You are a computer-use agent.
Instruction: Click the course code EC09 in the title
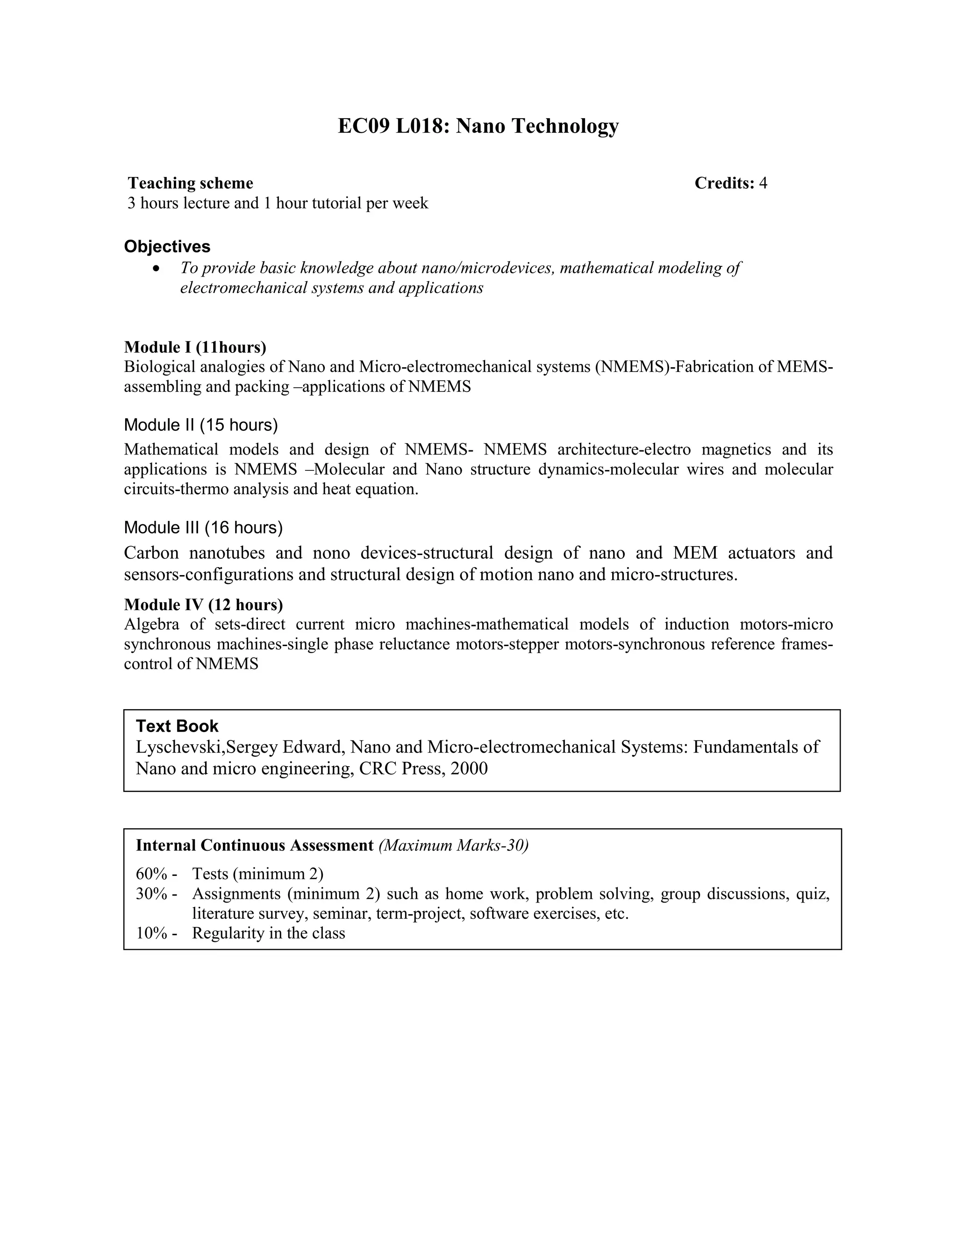364,126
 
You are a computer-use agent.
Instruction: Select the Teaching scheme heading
191,183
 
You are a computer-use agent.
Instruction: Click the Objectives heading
167,247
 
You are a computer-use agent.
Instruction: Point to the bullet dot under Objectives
157,268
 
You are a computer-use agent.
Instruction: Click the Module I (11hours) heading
195,347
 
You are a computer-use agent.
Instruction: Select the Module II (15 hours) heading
200,425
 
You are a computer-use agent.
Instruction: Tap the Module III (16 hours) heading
203,528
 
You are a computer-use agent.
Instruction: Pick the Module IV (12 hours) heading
204,605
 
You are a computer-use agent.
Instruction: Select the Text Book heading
177,726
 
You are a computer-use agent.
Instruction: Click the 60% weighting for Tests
151,874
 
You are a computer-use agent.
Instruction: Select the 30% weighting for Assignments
151,894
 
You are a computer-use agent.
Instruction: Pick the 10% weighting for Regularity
151,933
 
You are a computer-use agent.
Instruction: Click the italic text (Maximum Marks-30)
454,846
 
